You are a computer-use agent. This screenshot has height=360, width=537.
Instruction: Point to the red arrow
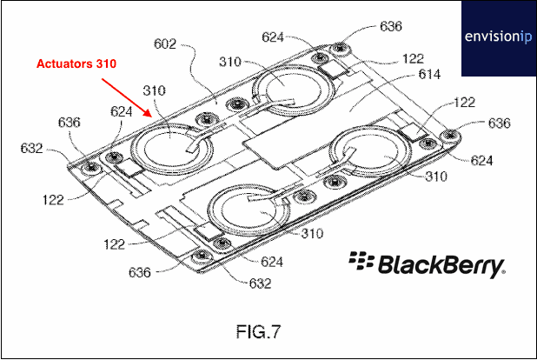128,98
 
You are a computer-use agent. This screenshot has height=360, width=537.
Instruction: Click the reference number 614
428,77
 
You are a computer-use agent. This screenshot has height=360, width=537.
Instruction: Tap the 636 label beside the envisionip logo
390,27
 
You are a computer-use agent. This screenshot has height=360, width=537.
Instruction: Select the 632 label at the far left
32,149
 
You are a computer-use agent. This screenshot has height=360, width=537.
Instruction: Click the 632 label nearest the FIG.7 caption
260,283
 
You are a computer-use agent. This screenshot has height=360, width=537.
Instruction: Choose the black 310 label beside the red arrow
154,90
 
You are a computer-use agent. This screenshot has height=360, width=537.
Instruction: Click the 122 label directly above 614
414,59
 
